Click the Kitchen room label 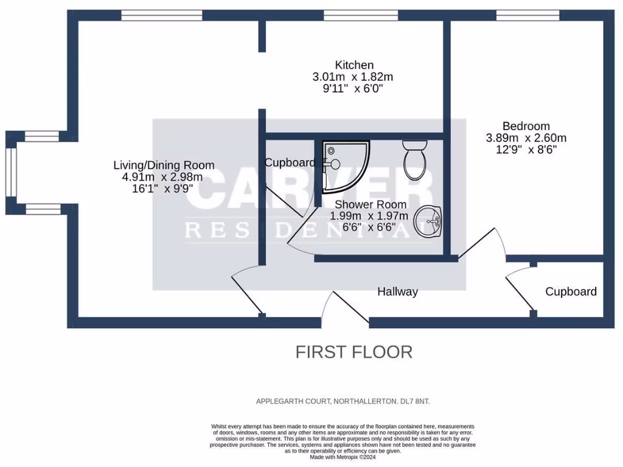pos(354,65)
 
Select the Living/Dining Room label pos(164,165)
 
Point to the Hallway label pos(397,292)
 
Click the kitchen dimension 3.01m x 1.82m pos(352,77)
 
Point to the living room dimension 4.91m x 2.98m pos(162,177)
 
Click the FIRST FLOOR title pos(353,351)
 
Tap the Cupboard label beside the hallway pos(571,292)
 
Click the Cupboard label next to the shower pos(290,162)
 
